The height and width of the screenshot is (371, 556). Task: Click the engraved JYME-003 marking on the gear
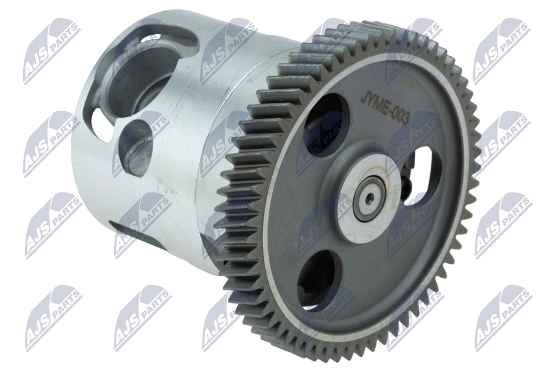pyautogui.click(x=385, y=107)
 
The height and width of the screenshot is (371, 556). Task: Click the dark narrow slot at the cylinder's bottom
pyautogui.click(x=125, y=229)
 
